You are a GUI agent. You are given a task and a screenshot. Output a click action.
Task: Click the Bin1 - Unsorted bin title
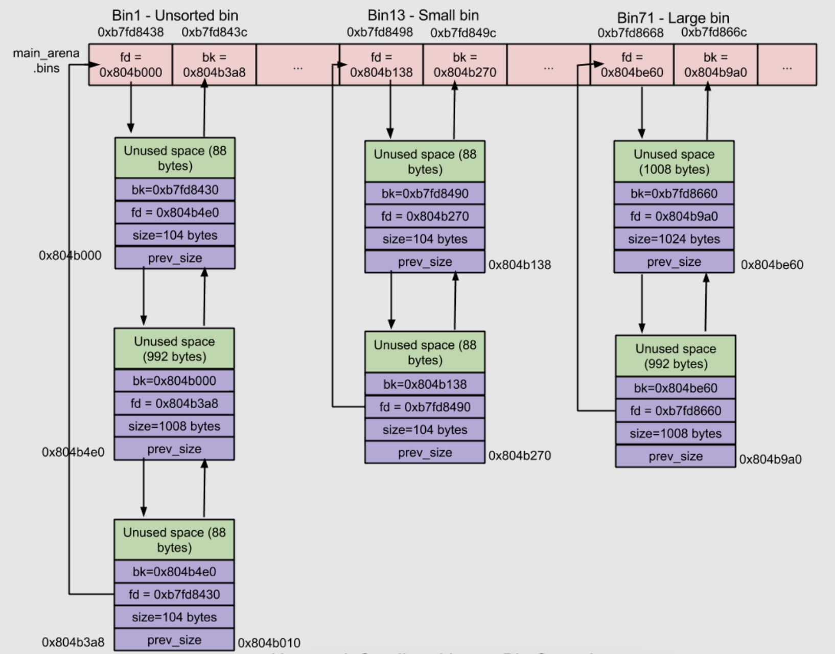175,15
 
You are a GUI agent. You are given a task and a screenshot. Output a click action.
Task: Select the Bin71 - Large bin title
672,18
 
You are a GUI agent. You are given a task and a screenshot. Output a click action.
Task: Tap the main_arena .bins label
46,60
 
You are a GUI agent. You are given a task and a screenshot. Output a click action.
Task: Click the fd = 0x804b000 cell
130,65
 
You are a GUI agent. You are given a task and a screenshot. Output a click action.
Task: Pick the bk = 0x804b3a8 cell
214,65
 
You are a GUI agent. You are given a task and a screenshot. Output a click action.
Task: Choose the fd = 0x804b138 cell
381,65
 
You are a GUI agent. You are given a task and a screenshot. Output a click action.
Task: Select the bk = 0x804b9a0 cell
715,65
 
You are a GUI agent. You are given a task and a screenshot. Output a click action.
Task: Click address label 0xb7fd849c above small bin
463,33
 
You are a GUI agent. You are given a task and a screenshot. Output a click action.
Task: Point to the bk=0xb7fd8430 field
175,190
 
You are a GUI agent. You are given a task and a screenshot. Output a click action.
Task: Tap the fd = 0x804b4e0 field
175,213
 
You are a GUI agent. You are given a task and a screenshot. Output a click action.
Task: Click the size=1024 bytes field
674,239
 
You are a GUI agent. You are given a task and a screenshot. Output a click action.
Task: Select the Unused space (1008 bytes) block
674,161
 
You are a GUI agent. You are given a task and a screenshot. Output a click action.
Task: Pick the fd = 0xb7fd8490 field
425,407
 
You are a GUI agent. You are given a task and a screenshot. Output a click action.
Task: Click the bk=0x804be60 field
675,388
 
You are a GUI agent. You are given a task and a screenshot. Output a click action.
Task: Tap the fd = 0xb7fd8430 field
174,594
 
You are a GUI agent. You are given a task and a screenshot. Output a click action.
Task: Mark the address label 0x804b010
269,643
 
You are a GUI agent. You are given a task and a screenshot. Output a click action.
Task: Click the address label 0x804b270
519,455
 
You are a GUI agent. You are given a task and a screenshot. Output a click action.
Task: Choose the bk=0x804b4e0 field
174,572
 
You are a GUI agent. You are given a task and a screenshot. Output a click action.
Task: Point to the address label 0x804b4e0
73,452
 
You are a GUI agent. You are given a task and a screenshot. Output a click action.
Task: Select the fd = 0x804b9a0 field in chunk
674,216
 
